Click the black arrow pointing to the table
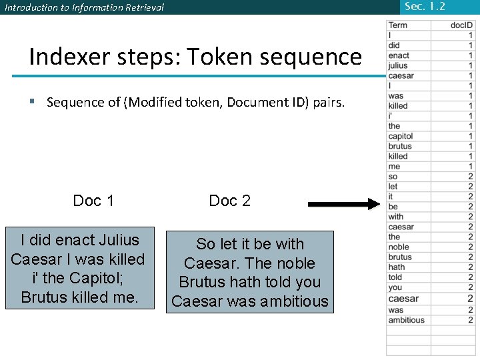(343, 204)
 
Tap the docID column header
(461, 25)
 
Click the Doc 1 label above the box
(93, 201)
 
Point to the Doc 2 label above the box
(230, 201)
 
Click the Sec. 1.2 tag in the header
(425, 7)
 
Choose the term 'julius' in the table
(398, 65)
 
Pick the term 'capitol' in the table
(401, 136)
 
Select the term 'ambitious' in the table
(406, 320)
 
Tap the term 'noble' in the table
(399, 247)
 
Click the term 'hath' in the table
(397, 267)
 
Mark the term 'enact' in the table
(399, 55)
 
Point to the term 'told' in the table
(395, 277)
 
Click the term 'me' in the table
(394, 166)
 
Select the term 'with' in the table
(396, 216)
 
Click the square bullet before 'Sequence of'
(32, 102)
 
